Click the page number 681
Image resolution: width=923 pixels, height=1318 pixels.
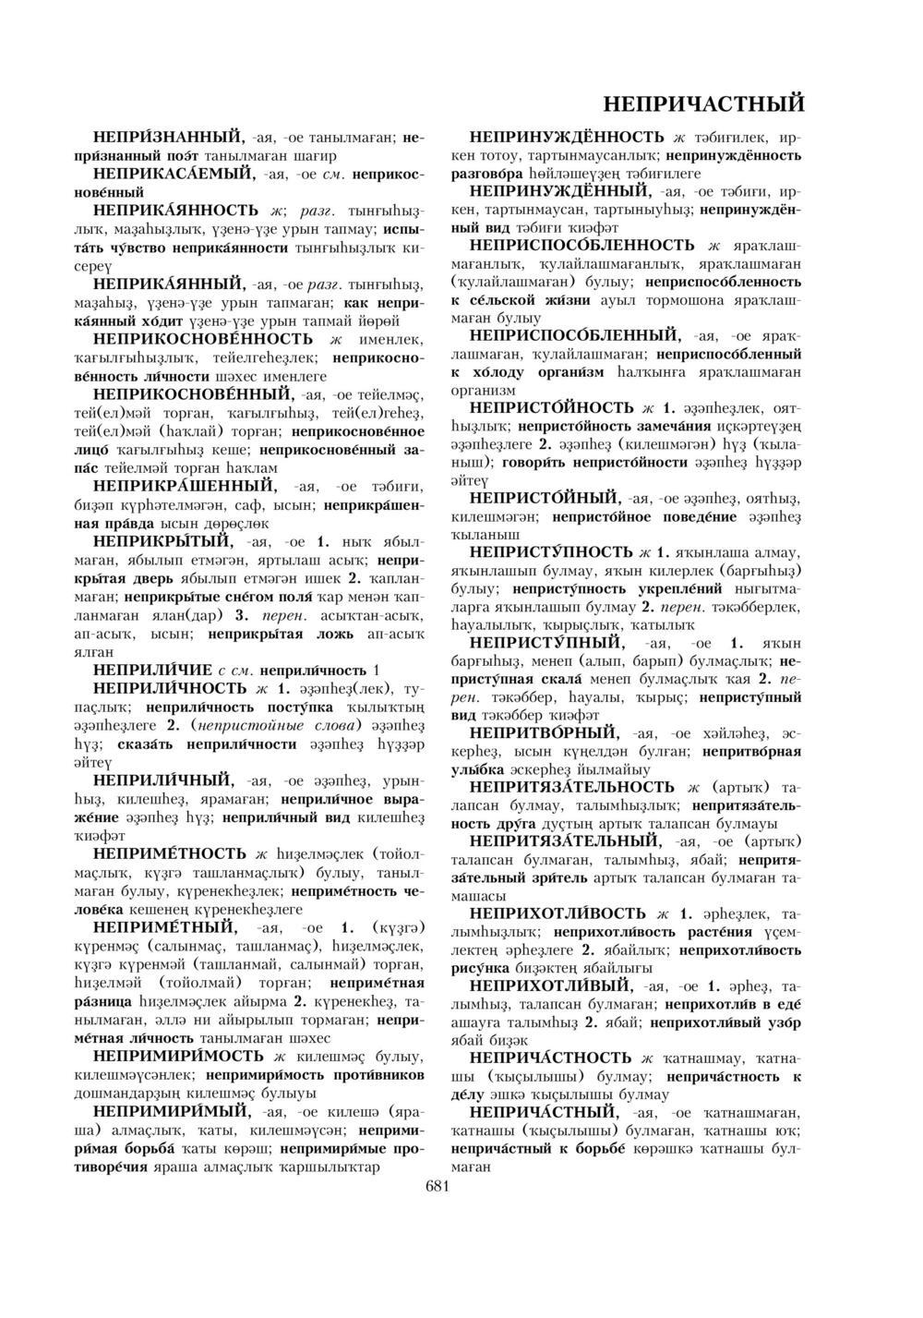coord(437,1187)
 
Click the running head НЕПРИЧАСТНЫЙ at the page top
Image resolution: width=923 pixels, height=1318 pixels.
coord(702,103)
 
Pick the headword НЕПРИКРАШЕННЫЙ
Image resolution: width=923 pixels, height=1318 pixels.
coord(184,484)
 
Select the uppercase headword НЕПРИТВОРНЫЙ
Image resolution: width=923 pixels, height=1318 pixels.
coord(544,732)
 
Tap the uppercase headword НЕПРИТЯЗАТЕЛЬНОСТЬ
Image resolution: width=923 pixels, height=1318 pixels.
coord(571,787)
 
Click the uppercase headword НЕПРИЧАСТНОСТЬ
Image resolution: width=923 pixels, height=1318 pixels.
coord(550,1058)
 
